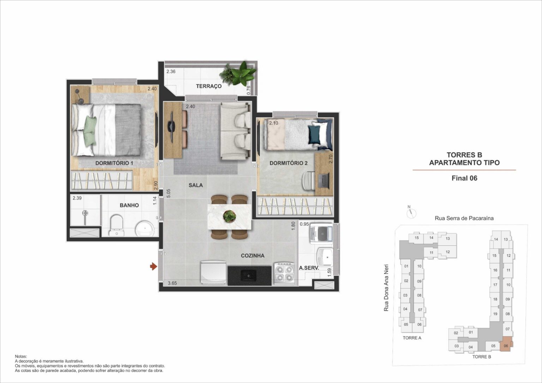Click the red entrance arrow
pyautogui.click(x=153, y=267)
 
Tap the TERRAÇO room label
pyautogui.click(x=209, y=86)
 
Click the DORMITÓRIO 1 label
pyautogui.click(x=114, y=163)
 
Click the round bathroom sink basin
pyautogui.click(x=145, y=229)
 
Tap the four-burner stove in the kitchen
pyautogui.click(x=284, y=273)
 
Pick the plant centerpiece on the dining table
pyautogui.click(x=230, y=215)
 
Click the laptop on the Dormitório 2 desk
pyautogui.click(x=324, y=181)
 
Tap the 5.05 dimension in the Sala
pyautogui.click(x=168, y=194)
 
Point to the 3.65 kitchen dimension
pyautogui.click(x=172, y=283)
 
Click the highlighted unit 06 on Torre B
pyautogui.click(x=506, y=346)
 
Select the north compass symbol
pyautogui.click(x=411, y=213)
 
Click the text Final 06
pyautogui.click(x=464, y=178)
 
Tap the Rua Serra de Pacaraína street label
pyautogui.click(x=464, y=218)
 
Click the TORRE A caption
pyautogui.click(x=412, y=338)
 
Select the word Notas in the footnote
pyautogui.click(x=21, y=357)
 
